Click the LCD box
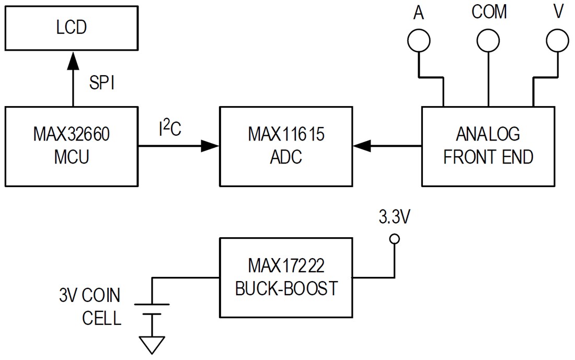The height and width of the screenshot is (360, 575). pyautogui.click(x=72, y=27)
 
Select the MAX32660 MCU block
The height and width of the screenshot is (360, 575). pyautogui.click(x=72, y=146)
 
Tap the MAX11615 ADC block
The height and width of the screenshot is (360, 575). pyautogui.click(x=286, y=146)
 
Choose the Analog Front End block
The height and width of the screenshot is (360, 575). pyautogui.click(x=488, y=146)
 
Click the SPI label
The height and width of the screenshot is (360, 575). pyautogui.click(x=102, y=83)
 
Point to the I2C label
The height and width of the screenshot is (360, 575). pyautogui.click(x=170, y=129)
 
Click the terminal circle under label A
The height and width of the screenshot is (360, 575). pyautogui.click(x=419, y=41)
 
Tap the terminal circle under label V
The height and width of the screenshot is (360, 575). pyautogui.click(x=557, y=41)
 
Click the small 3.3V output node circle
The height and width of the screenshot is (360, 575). pyautogui.click(x=395, y=239)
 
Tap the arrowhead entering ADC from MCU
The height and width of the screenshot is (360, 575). pyautogui.click(x=210, y=147)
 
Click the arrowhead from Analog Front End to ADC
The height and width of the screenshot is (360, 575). pyautogui.click(x=363, y=147)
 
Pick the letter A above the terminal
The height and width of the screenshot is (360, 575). pyautogui.click(x=418, y=13)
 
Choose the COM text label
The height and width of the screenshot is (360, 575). pyautogui.click(x=489, y=11)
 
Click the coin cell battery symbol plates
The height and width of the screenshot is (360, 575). pyautogui.click(x=152, y=309)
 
